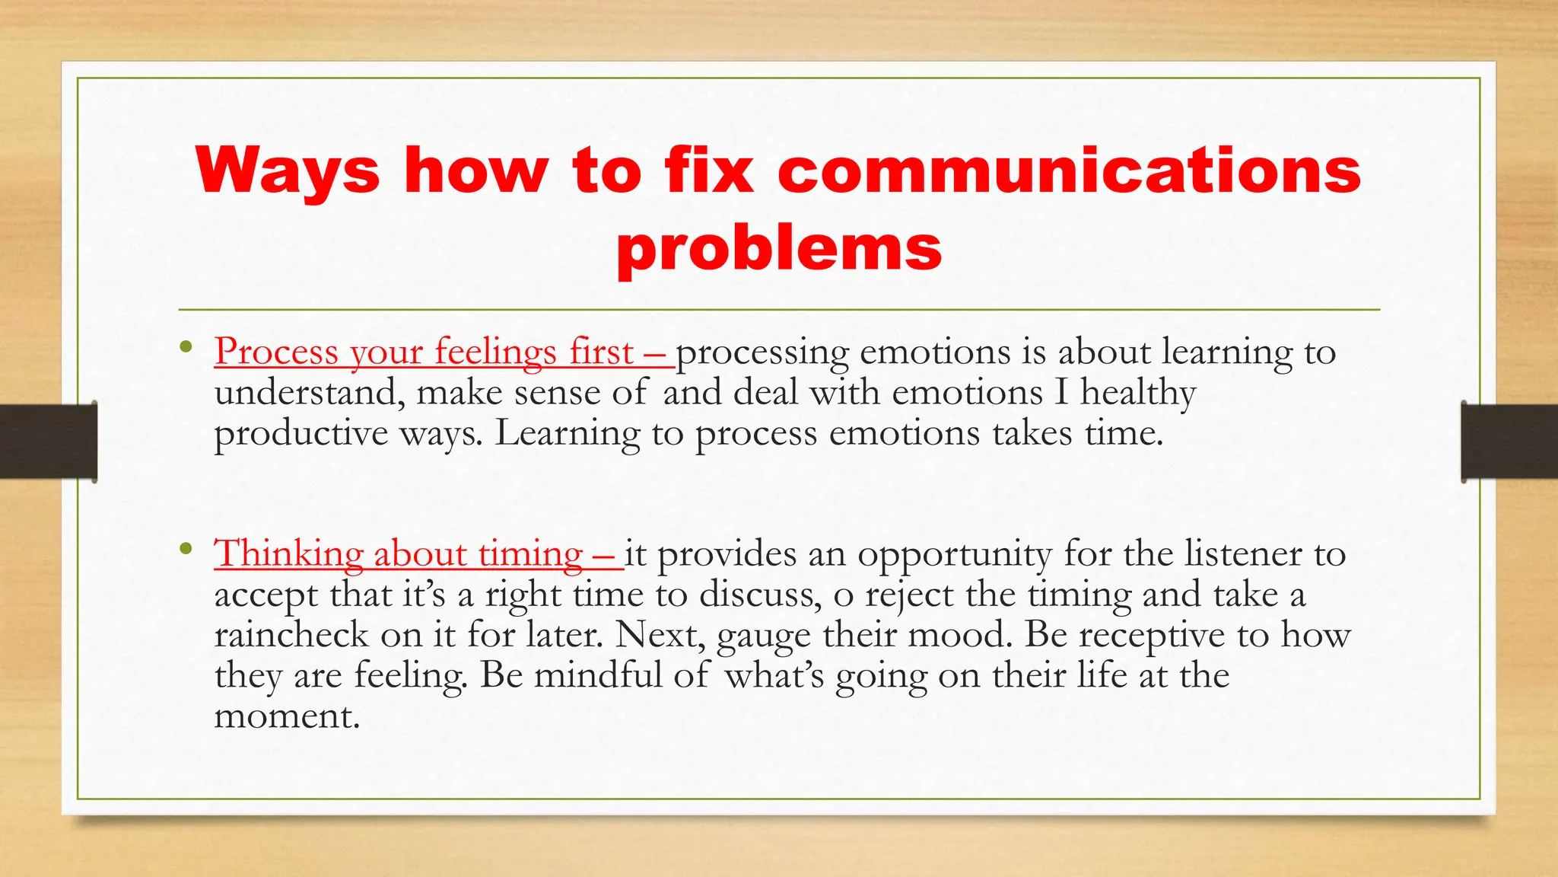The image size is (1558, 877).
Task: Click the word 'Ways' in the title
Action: click(287, 171)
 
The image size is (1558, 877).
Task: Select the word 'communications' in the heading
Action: click(1069, 171)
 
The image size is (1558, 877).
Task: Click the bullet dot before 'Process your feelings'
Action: click(186, 349)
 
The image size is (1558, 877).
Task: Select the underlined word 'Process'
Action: click(276, 352)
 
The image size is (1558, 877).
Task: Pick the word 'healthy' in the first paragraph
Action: click(1138, 394)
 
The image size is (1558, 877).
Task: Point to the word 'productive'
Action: click(301, 435)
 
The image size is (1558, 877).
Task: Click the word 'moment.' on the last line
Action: click(287, 716)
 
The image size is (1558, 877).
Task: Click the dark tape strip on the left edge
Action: click(48, 442)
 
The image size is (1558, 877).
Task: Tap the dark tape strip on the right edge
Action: click(1509, 442)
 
